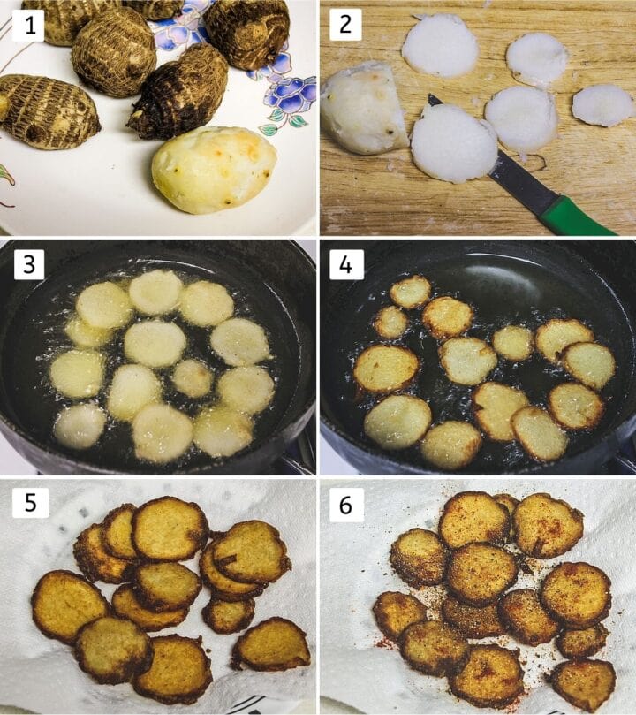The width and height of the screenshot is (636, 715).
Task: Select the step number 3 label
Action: pyautogui.click(x=29, y=263)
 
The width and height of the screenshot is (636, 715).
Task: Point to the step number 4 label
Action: pyautogui.click(x=345, y=263)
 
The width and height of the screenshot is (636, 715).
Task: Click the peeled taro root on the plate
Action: pyautogui.click(x=213, y=169)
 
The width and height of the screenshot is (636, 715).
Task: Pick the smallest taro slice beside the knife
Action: pyautogui.click(x=602, y=105)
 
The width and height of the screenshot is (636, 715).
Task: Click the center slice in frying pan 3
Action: pyautogui.click(x=154, y=344)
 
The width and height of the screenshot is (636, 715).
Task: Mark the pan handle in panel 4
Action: pyautogui.click(x=624, y=460)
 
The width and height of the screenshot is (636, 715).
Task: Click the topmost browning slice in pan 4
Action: pyautogui.click(x=410, y=292)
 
